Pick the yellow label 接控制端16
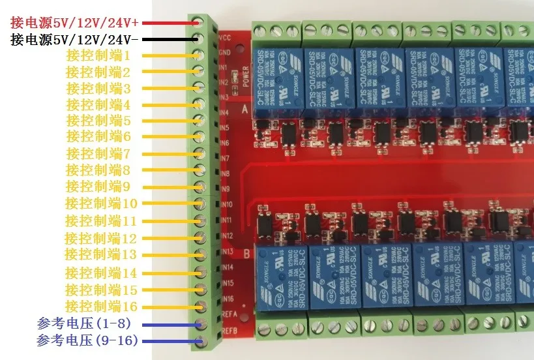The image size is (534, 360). [101, 306]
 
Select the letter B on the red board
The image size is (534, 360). [246, 253]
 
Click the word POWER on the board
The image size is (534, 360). [246, 76]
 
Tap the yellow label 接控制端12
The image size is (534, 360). [101, 239]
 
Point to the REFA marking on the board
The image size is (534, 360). [228, 314]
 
